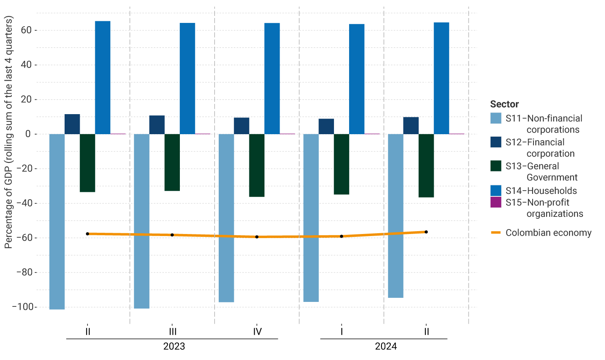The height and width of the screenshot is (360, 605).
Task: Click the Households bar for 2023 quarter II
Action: click(x=103, y=78)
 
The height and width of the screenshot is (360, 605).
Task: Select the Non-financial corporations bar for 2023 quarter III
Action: click(x=141, y=221)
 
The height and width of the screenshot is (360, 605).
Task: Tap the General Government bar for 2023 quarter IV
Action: click(x=257, y=165)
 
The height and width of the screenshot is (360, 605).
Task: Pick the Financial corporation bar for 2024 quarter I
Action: click(x=326, y=126)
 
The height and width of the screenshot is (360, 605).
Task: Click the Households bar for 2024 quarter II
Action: click(x=441, y=78)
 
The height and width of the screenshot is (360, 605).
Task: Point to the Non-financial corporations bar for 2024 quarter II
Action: click(x=395, y=216)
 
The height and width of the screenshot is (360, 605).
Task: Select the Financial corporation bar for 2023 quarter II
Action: click(x=72, y=124)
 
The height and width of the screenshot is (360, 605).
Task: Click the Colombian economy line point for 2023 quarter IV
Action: click(x=257, y=237)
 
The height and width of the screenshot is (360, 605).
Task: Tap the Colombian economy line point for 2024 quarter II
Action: click(x=426, y=232)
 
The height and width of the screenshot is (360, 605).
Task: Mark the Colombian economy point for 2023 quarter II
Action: click(x=87, y=234)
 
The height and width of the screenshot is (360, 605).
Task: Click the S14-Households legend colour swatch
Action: click(x=496, y=191)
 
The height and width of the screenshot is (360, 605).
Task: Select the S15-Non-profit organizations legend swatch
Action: click(x=496, y=202)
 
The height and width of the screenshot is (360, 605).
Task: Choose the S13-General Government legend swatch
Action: click(x=496, y=166)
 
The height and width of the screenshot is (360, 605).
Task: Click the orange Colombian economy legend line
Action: click(x=496, y=233)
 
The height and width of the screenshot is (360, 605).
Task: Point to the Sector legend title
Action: click(x=504, y=104)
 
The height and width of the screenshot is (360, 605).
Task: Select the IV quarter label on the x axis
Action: click(x=257, y=332)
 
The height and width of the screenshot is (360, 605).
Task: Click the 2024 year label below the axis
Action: click(x=385, y=346)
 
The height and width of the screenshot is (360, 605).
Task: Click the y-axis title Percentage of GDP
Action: click(x=9, y=132)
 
